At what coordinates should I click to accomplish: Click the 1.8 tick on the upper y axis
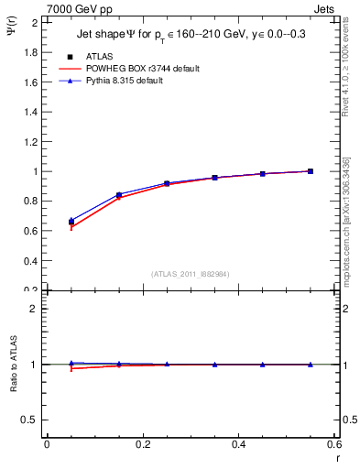[31, 52]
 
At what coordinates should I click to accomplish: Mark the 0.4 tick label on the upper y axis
[31, 261]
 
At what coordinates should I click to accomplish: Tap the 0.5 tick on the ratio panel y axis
[31, 420]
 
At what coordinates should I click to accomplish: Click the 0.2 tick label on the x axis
[143, 445]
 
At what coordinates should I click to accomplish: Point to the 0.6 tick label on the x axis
[334, 445]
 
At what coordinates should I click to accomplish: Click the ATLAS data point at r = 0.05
[71, 222]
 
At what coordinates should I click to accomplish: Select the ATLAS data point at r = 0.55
[311, 171]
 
